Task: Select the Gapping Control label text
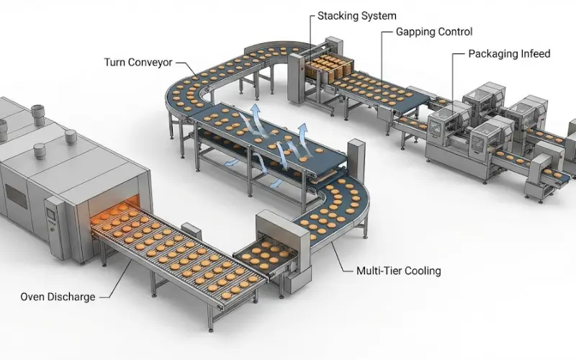[434, 32]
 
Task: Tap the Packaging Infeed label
[509, 54]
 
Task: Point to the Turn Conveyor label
[138, 63]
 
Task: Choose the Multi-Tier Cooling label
[398, 271]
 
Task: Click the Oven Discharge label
[58, 297]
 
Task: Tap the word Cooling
[422, 271]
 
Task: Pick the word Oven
[33, 297]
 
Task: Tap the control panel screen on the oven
[51, 212]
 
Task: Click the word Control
[456, 32]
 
